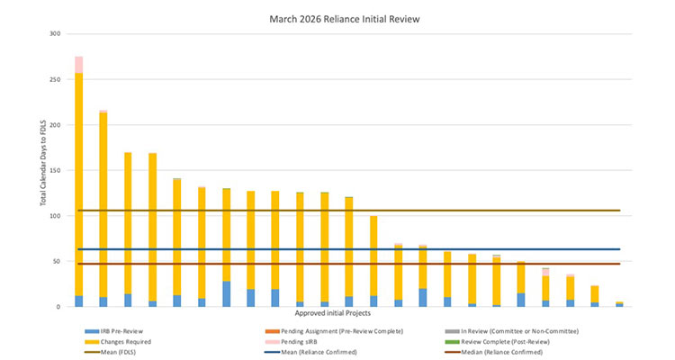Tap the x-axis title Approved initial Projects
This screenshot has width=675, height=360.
point(346,314)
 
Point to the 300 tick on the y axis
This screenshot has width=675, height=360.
point(55,34)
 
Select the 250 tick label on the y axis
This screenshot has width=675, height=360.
point(55,80)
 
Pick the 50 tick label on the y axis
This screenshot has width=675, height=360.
point(57,262)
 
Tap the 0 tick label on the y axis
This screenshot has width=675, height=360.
point(59,307)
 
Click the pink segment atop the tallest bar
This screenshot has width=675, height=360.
point(79,65)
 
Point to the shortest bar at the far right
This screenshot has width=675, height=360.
point(619,304)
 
